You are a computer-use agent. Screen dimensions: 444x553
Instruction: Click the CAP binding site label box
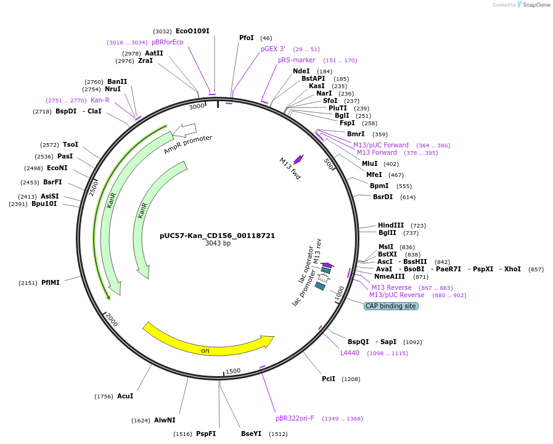tap(391, 306)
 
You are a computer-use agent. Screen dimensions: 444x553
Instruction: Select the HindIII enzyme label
tap(391, 226)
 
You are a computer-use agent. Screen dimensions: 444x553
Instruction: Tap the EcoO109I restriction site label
tap(192, 31)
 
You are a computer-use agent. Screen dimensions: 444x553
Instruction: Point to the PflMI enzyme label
tap(51, 283)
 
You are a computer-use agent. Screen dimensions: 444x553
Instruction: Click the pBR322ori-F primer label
tap(295, 418)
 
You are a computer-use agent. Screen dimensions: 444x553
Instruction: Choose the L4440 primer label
tap(350, 353)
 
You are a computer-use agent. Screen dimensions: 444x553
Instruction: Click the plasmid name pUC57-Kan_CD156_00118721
tap(217, 236)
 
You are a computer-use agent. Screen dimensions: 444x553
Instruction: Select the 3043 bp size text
tap(218, 244)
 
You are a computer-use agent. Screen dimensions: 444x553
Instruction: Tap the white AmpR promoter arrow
tap(185, 129)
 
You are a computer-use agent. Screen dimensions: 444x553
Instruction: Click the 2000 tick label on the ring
tap(112, 319)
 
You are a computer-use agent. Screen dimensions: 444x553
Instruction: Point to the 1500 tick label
tap(233, 371)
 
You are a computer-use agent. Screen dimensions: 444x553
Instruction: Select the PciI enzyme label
tap(329, 379)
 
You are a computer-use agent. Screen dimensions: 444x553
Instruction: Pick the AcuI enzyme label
tap(125, 397)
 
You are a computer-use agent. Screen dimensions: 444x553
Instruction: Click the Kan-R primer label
tap(100, 100)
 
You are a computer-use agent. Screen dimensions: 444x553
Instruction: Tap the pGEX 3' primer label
tap(273, 49)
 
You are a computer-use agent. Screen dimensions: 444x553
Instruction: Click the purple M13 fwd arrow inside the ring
tap(298, 159)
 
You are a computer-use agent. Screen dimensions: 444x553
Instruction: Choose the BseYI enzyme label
tap(251, 434)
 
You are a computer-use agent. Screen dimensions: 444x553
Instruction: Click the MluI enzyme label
tap(370, 163)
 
